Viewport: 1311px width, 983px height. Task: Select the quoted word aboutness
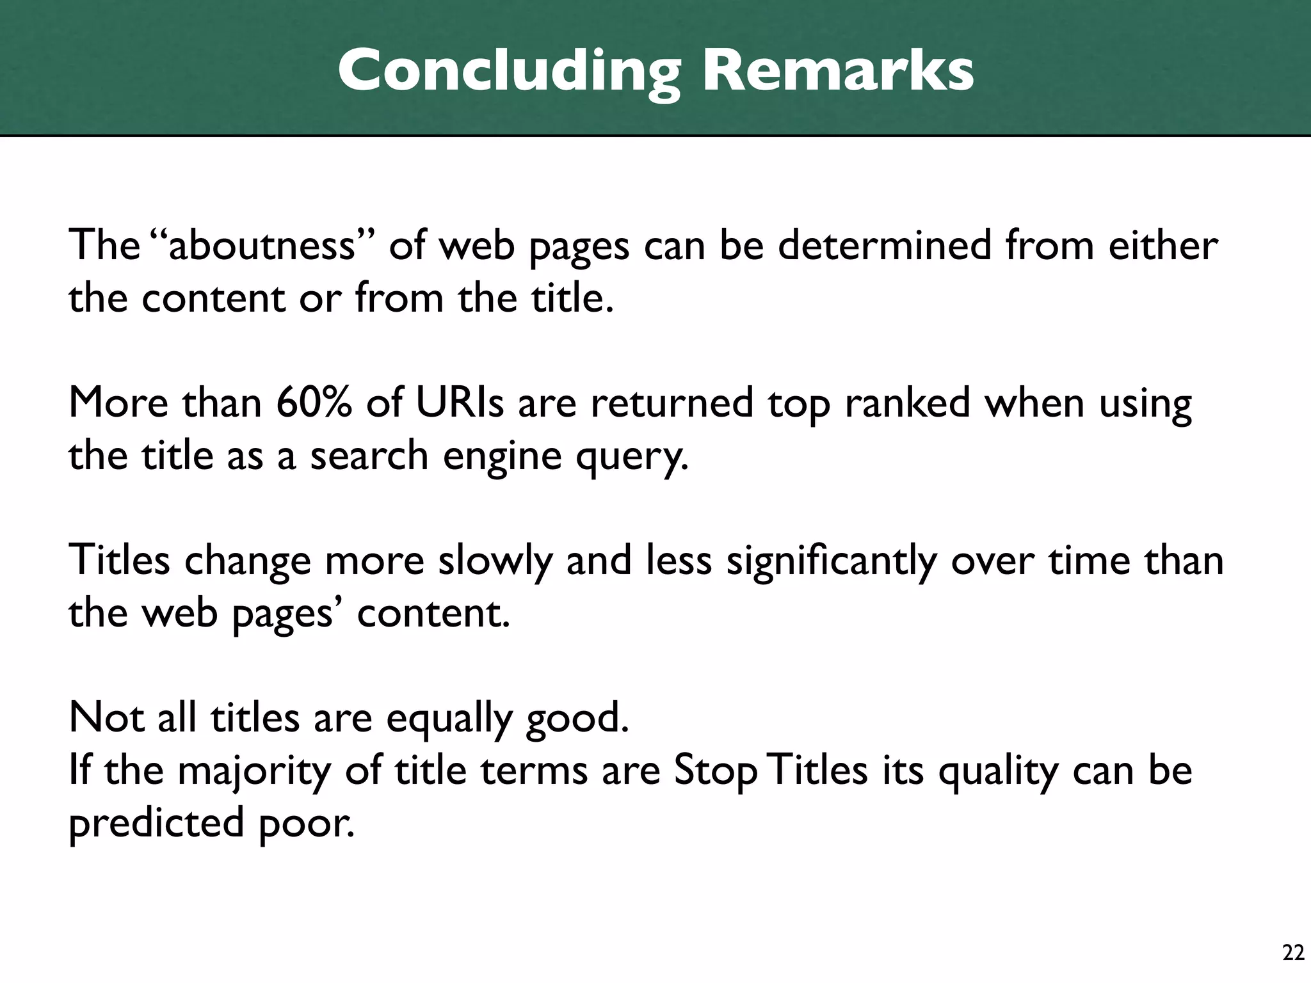[262, 245]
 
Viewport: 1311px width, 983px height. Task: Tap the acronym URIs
[459, 403]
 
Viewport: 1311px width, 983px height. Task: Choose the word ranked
[908, 403]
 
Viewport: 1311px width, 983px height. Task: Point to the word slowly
[495, 561]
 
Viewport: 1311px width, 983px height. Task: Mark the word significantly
[831, 561]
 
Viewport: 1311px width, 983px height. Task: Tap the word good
[577, 719]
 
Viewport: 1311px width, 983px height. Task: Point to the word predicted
[156, 824]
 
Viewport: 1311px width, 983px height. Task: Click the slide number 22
[1293, 953]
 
